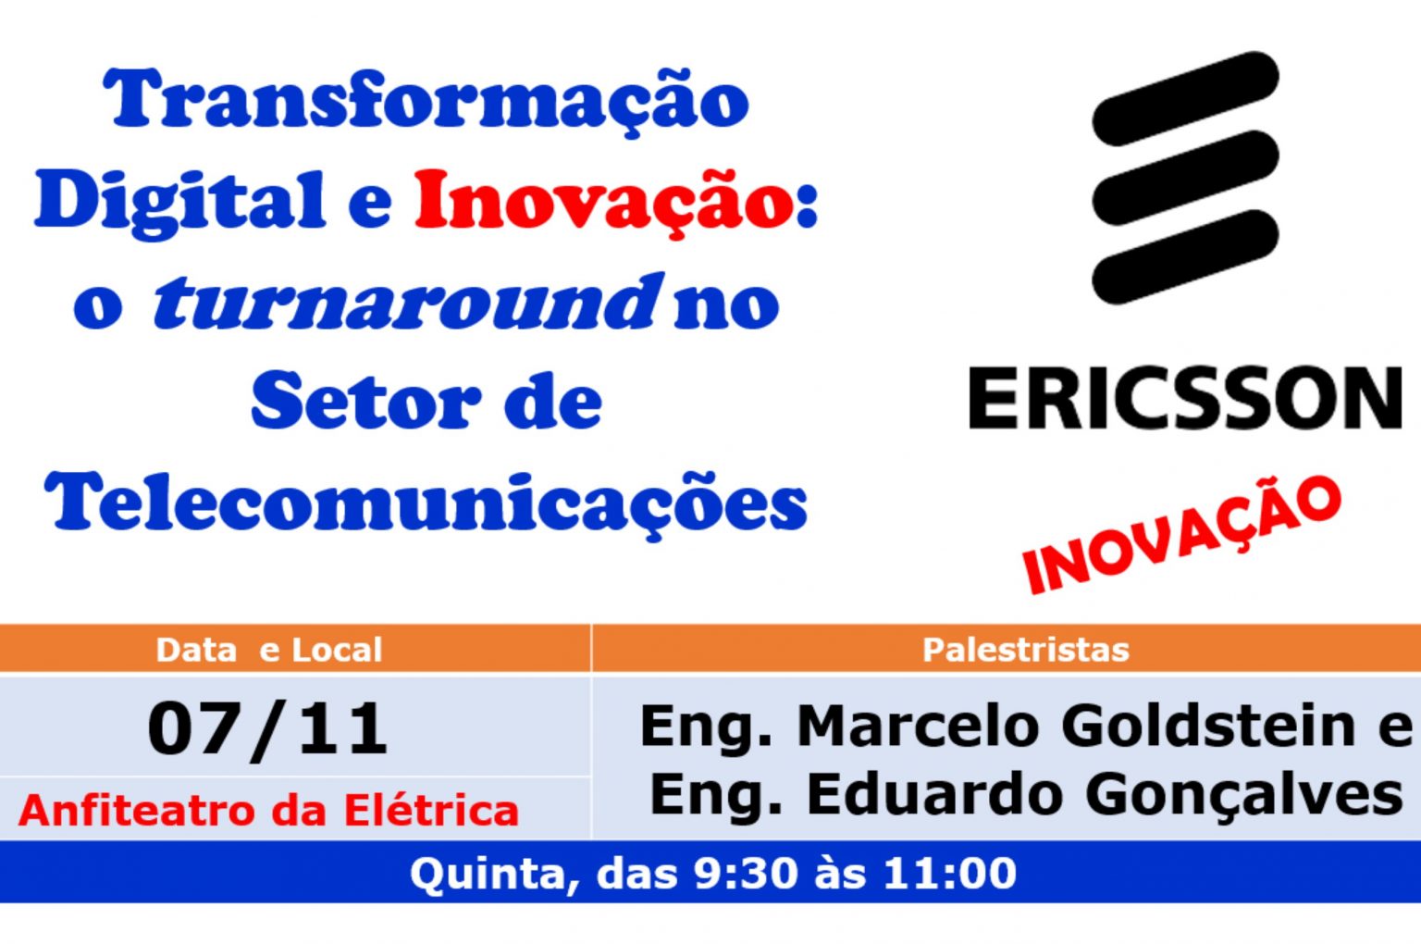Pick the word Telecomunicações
[426, 505]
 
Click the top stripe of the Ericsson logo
[1185, 98]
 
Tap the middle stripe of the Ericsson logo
[1185, 178]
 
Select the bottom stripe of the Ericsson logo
[1185, 257]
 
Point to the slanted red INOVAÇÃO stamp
[1182, 535]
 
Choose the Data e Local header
[269, 650]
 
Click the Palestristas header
[1026, 650]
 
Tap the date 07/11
[267, 729]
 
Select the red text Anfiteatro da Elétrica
[268, 810]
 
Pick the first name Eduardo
[935, 794]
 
